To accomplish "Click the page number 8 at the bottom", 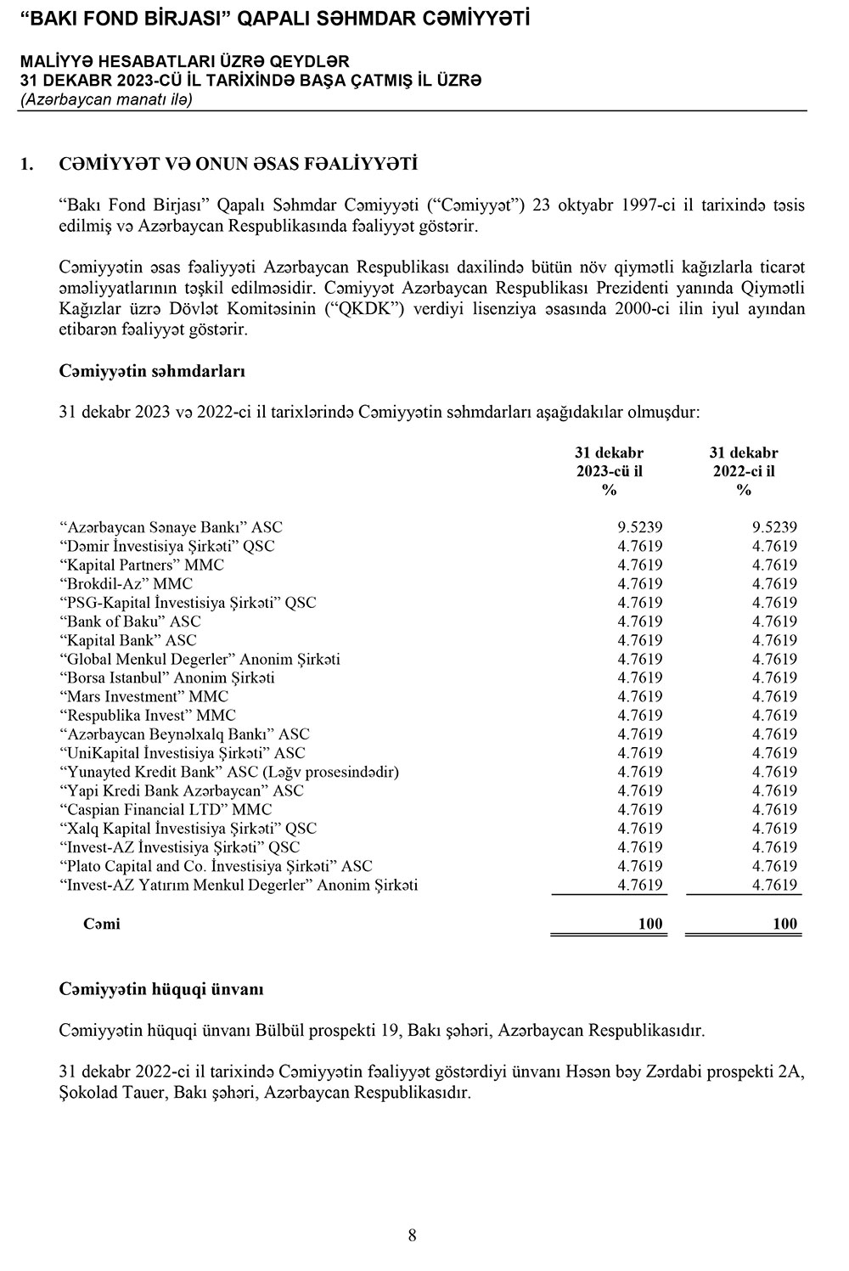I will coord(412,1235).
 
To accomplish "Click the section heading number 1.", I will coord(26,163).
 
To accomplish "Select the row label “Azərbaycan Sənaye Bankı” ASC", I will coord(171,527).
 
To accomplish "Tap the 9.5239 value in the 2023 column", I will coord(640,527).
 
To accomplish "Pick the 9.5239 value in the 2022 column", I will coord(774,527).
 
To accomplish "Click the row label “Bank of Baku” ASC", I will coord(130,621).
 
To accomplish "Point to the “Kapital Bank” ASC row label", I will coord(128,640).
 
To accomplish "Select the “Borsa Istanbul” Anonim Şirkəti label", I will coord(167,678).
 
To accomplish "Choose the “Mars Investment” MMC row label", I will coord(144,696).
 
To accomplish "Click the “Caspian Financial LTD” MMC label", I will coord(166,809).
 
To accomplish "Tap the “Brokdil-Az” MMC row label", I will coord(127,584).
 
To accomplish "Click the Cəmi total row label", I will coord(102,924).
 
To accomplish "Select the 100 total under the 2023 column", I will coord(650,924).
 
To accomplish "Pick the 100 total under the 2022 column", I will coord(785,924).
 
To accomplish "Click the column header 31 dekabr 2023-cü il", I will coord(609,471).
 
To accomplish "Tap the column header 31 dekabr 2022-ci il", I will coord(744,471).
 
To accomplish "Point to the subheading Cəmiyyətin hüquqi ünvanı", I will coord(161,989).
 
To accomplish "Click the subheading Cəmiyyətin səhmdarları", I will coord(153,371).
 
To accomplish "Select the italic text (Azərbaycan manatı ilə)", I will coord(106,99).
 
